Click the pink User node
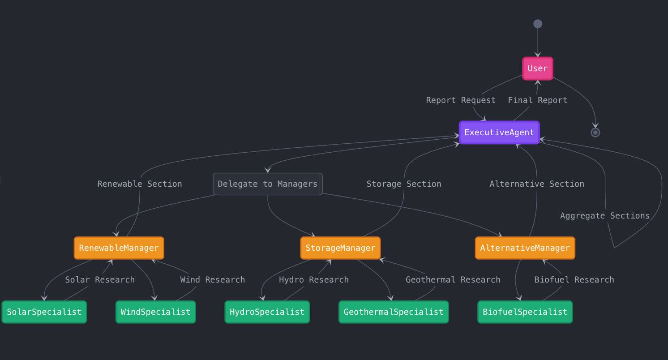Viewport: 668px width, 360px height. (x=538, y=69)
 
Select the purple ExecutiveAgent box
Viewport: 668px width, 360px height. (x=499, y=133)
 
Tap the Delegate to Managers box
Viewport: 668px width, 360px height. (x=268, y=184)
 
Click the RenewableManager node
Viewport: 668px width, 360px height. (x=119, y=248)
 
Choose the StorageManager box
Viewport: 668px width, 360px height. (x=340, y=248)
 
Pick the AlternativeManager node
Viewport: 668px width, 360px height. (x=525, y=248)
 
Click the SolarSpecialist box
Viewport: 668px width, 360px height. (x=44, y=312)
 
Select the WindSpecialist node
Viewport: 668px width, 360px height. (x=156, y=312)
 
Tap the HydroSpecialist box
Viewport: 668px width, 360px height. (x=267, y=312)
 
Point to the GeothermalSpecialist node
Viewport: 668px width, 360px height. (x=394, y=312)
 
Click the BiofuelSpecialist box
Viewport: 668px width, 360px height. (x=525, y=312)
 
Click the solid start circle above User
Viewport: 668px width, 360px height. (x=538, y=24)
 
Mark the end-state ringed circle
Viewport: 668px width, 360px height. (x=595, y=133)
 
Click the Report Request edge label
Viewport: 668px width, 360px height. (x=461, y=100)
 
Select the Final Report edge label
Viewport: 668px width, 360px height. (x=537, y=100)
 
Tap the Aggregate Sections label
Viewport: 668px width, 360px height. (x=605, y=216)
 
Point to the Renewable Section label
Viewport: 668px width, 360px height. (x=140, y=184)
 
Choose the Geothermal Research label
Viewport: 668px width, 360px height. (x=453, y=280)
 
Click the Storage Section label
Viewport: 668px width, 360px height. (x=404, y=184)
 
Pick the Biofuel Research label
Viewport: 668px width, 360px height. (x=574, y=280)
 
